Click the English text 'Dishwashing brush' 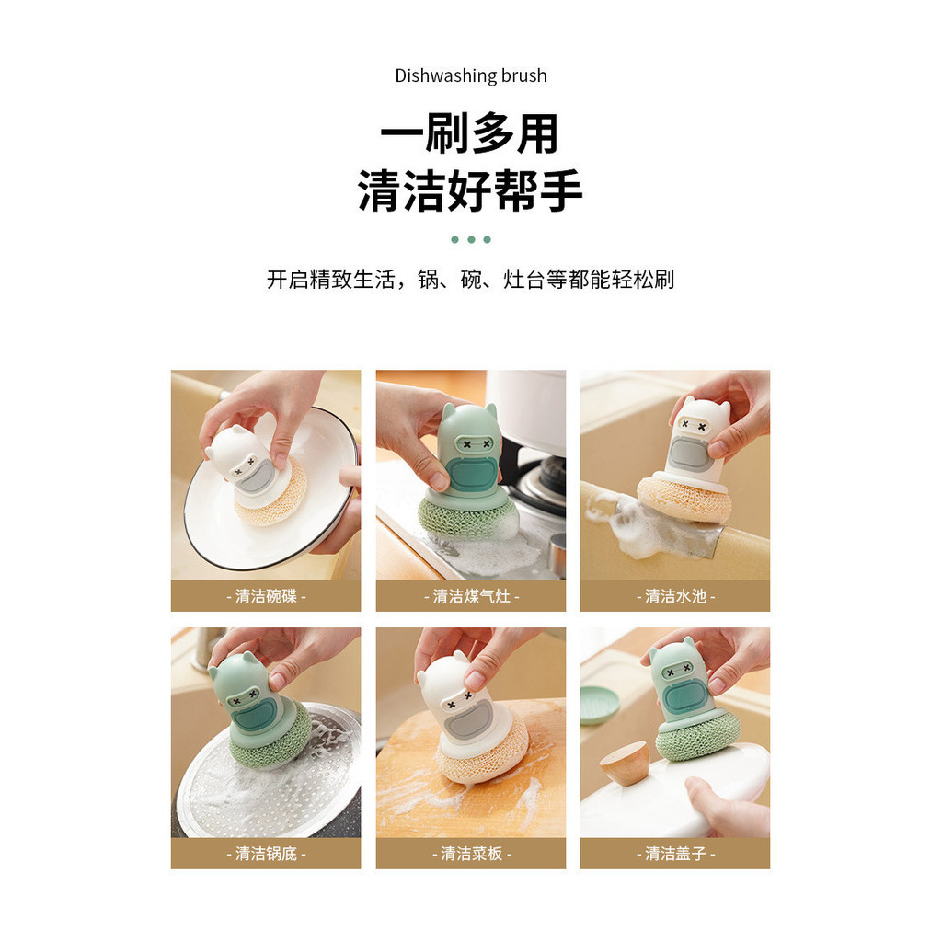click(471, 75)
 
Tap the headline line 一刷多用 click(470, 133)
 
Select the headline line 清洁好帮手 click(470, 190)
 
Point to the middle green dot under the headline click(471, 240)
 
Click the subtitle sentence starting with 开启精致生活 click(470, 280)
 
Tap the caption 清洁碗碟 click(266, 596)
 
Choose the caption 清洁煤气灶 click(471, 596)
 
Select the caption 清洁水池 click(675, 596)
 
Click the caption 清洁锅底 click(266, 853)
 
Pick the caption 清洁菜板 click(471, 853)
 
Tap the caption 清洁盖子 click(675, 853)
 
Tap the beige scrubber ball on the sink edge click(684, 498)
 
